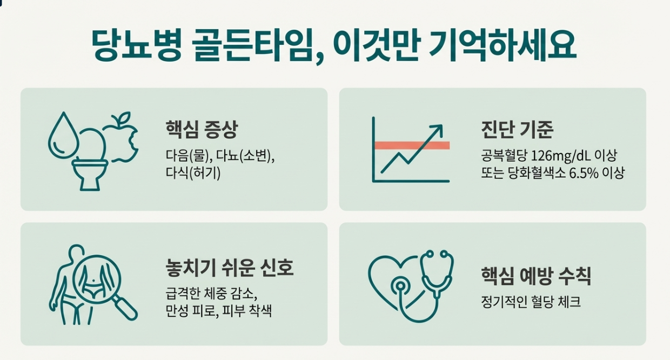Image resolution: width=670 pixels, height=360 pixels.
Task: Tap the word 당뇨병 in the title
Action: click(x=137, y=45)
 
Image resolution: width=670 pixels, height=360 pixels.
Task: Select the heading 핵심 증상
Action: click(x=202, y=129)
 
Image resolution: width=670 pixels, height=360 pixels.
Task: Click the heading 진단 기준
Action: click(x=517, y=129)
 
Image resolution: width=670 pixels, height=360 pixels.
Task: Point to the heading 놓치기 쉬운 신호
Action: click(x=230, y=267)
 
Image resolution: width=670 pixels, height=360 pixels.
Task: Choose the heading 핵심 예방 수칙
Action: click(x=536, y=276)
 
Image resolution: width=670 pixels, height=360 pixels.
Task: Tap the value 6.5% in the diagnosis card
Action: click(x=584, y=173)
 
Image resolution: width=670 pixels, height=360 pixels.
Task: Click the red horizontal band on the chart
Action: click(x=412, y=145)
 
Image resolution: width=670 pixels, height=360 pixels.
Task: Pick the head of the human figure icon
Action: click(x=76, y=252)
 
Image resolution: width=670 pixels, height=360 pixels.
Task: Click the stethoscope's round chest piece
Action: click(x=400, y=286)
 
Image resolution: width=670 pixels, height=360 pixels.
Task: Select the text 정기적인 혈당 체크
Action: click(x=531, y=302)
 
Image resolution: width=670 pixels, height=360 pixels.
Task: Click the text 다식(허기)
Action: click(x=193, y=173)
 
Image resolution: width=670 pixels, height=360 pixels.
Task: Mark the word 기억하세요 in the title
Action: click(x=502, y=45)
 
